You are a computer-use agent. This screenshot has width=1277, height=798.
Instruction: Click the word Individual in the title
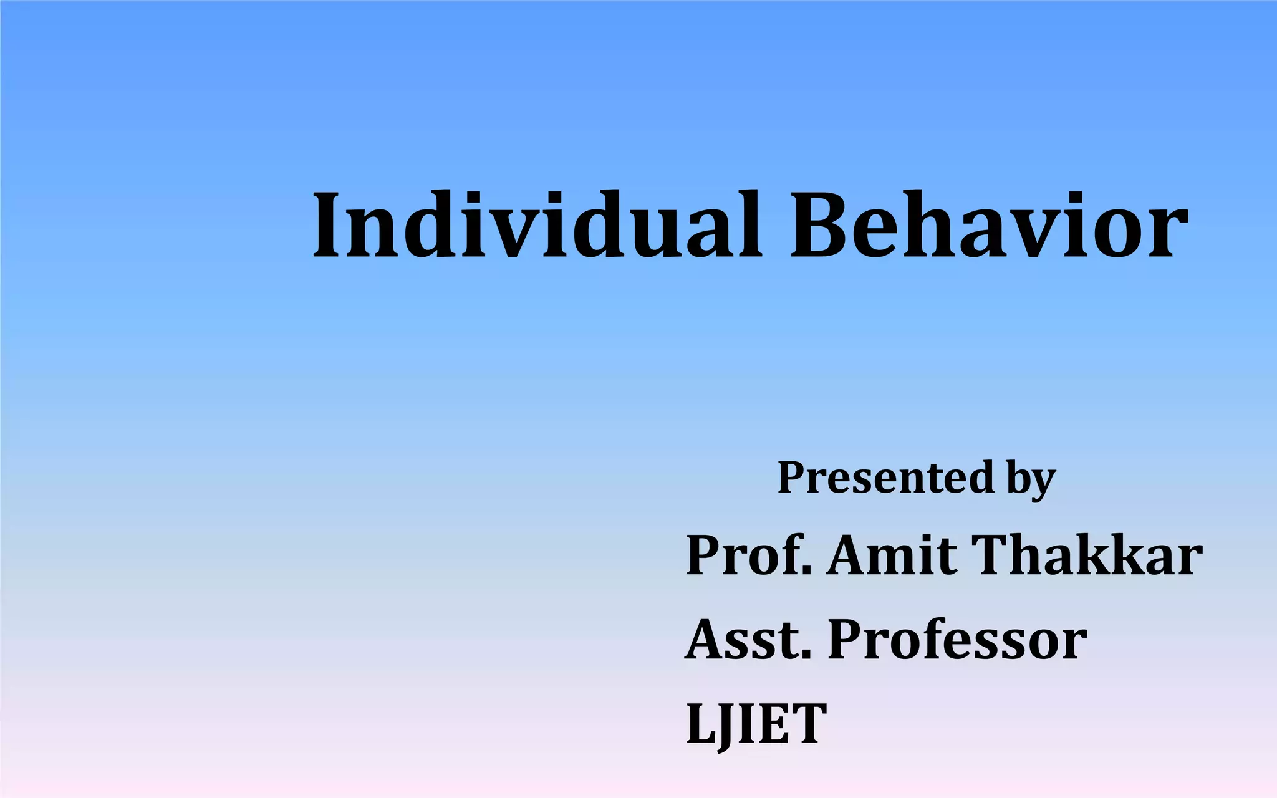536,226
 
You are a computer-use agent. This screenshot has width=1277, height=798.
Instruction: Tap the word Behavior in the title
989,226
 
